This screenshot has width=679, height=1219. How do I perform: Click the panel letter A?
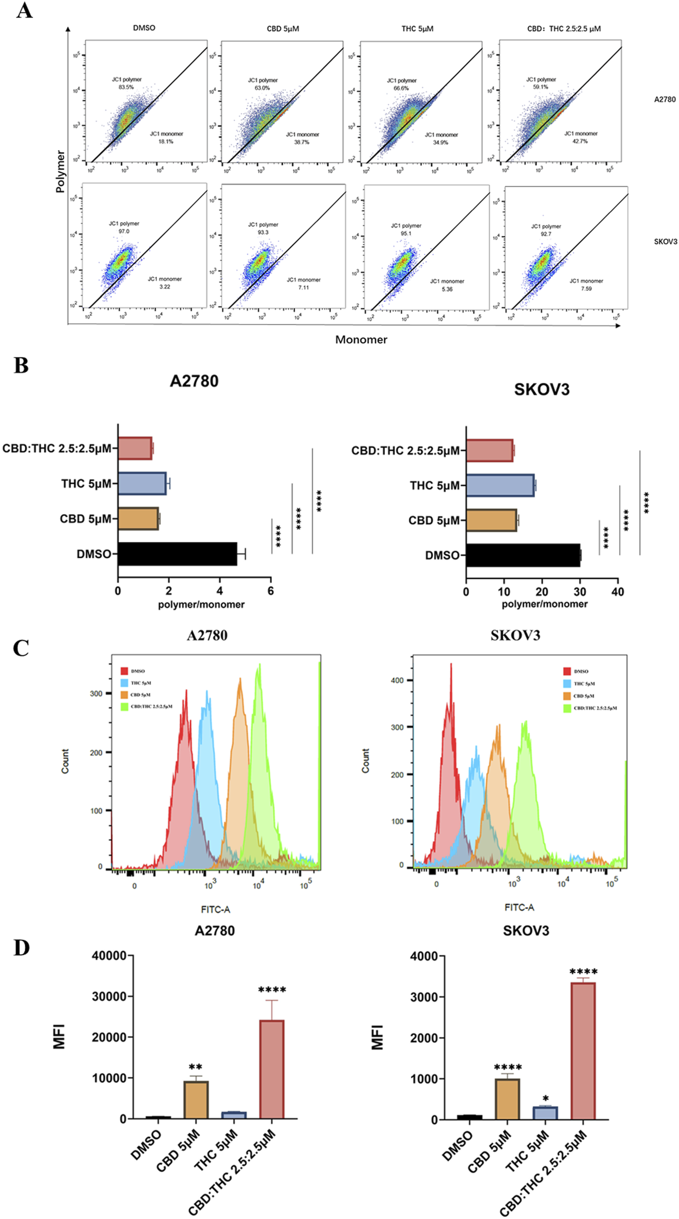[24, 10]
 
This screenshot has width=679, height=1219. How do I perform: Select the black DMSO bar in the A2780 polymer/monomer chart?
[177, 554]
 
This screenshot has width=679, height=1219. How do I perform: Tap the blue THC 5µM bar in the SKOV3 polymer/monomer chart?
[499, 485]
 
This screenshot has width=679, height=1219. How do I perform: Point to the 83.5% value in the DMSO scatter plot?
[126, 87]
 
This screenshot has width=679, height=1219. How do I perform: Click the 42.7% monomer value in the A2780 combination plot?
[580, 141]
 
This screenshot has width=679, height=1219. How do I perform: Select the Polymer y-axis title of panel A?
[60, 171]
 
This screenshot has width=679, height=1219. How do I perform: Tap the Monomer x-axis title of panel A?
[361, 340]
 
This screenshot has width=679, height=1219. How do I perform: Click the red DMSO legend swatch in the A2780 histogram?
[124, 671]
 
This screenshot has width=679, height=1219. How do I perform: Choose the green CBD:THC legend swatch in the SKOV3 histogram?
[567, 708]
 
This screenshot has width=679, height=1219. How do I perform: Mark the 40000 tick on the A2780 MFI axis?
[109, 956]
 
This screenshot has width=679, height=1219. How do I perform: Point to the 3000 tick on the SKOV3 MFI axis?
[424, 997]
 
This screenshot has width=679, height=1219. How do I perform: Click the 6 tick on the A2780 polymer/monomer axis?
[271, 591]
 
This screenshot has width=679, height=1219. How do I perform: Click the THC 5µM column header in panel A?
[417, 29]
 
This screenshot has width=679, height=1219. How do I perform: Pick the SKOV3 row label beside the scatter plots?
[665, 241]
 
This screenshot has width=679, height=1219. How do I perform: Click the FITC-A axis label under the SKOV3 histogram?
[519, 907]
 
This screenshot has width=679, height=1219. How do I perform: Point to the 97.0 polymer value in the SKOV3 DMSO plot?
[124, 231]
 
